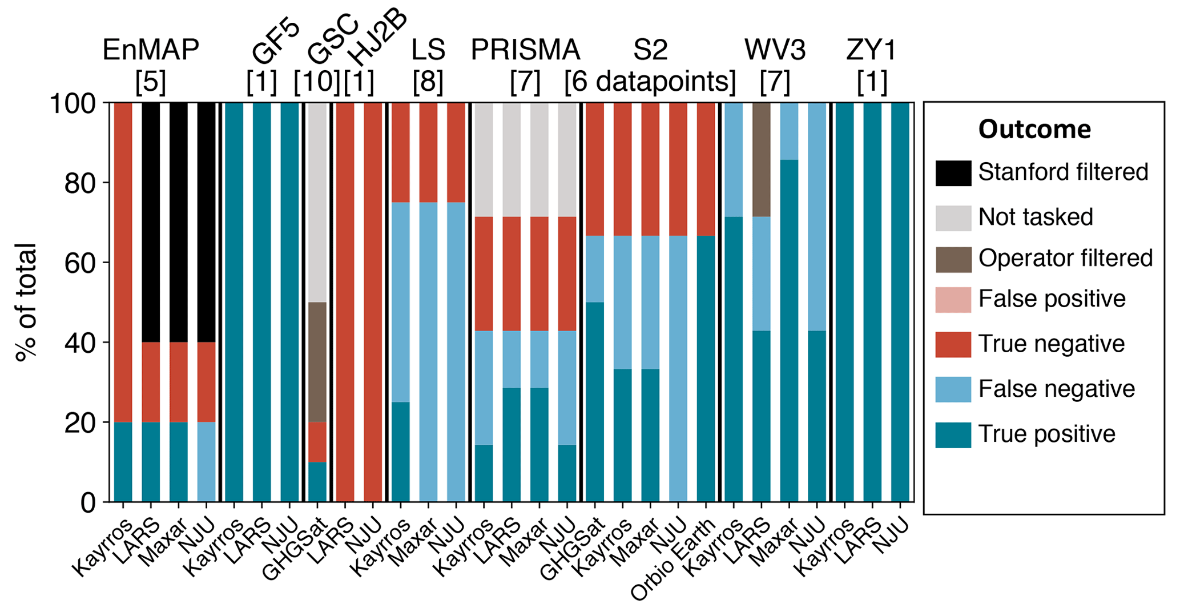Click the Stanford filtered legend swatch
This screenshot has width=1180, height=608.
953,173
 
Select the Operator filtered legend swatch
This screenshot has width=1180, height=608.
953,259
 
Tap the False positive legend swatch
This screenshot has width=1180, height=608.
953,300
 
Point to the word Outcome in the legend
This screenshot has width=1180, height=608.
1034,130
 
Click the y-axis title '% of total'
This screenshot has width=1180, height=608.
26,303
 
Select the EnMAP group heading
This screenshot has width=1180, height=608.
151,50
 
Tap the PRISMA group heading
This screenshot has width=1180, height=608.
525,50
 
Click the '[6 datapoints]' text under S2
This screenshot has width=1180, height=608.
650,82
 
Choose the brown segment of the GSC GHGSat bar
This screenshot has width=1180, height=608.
317,362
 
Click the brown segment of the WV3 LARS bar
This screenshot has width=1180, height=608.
761,160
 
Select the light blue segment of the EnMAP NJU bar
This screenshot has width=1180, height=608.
206,462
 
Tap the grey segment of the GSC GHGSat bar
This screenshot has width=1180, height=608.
317,203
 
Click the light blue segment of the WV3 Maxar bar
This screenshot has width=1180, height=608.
789,131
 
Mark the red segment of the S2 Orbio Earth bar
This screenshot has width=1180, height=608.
706,169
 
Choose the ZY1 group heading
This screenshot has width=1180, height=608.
872,50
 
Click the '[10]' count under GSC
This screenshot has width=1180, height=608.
317,82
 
